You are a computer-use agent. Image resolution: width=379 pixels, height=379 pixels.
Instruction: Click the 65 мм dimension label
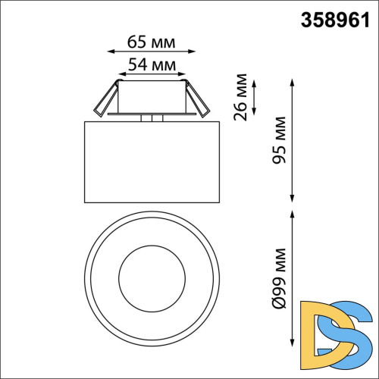[x=148, y=39]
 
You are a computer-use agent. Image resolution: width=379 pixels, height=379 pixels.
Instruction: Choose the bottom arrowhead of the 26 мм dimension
[x=254, y=111]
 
